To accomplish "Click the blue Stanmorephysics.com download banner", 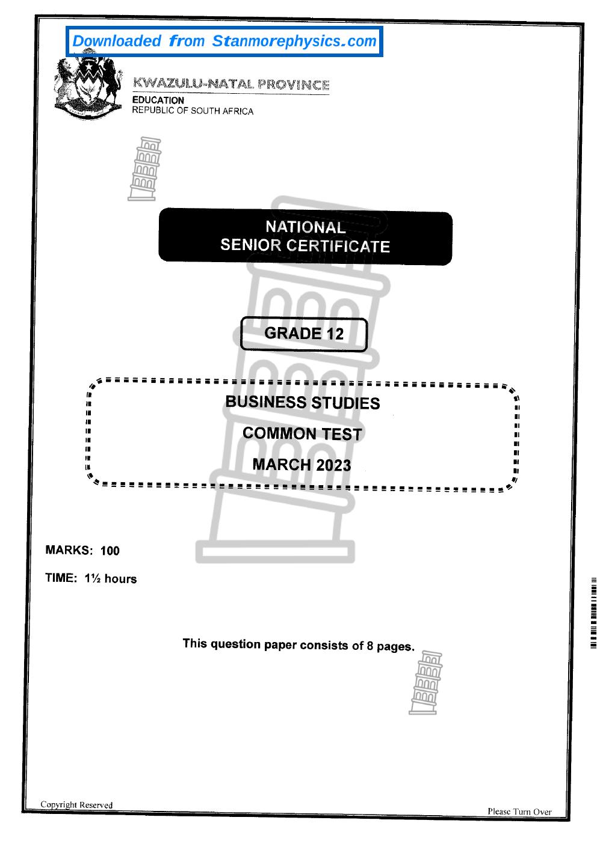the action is click(x=224, y=41).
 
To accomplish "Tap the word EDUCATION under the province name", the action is click(x=158, y=100).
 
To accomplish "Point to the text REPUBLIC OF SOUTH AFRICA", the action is click(x=193, y=111).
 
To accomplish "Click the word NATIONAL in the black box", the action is click(x=306, y=227).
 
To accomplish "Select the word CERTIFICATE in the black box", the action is click(x=338, y=246).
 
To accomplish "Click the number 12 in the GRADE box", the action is click(x=335, y=334).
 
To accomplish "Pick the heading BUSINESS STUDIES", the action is click(x=303, y=402).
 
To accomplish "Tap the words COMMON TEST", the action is click(x=302, y=433).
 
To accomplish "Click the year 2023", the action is click(x=333, y=465).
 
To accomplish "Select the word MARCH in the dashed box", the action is click(x=282, y=465).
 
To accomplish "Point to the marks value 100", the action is click(x=110, y=551).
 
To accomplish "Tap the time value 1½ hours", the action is click(x=111, y=578).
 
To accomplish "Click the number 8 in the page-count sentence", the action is click(x=370, y=646).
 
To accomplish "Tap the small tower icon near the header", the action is click(x=144, y=169).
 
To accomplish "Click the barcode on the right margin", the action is click(x=593, y=613).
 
